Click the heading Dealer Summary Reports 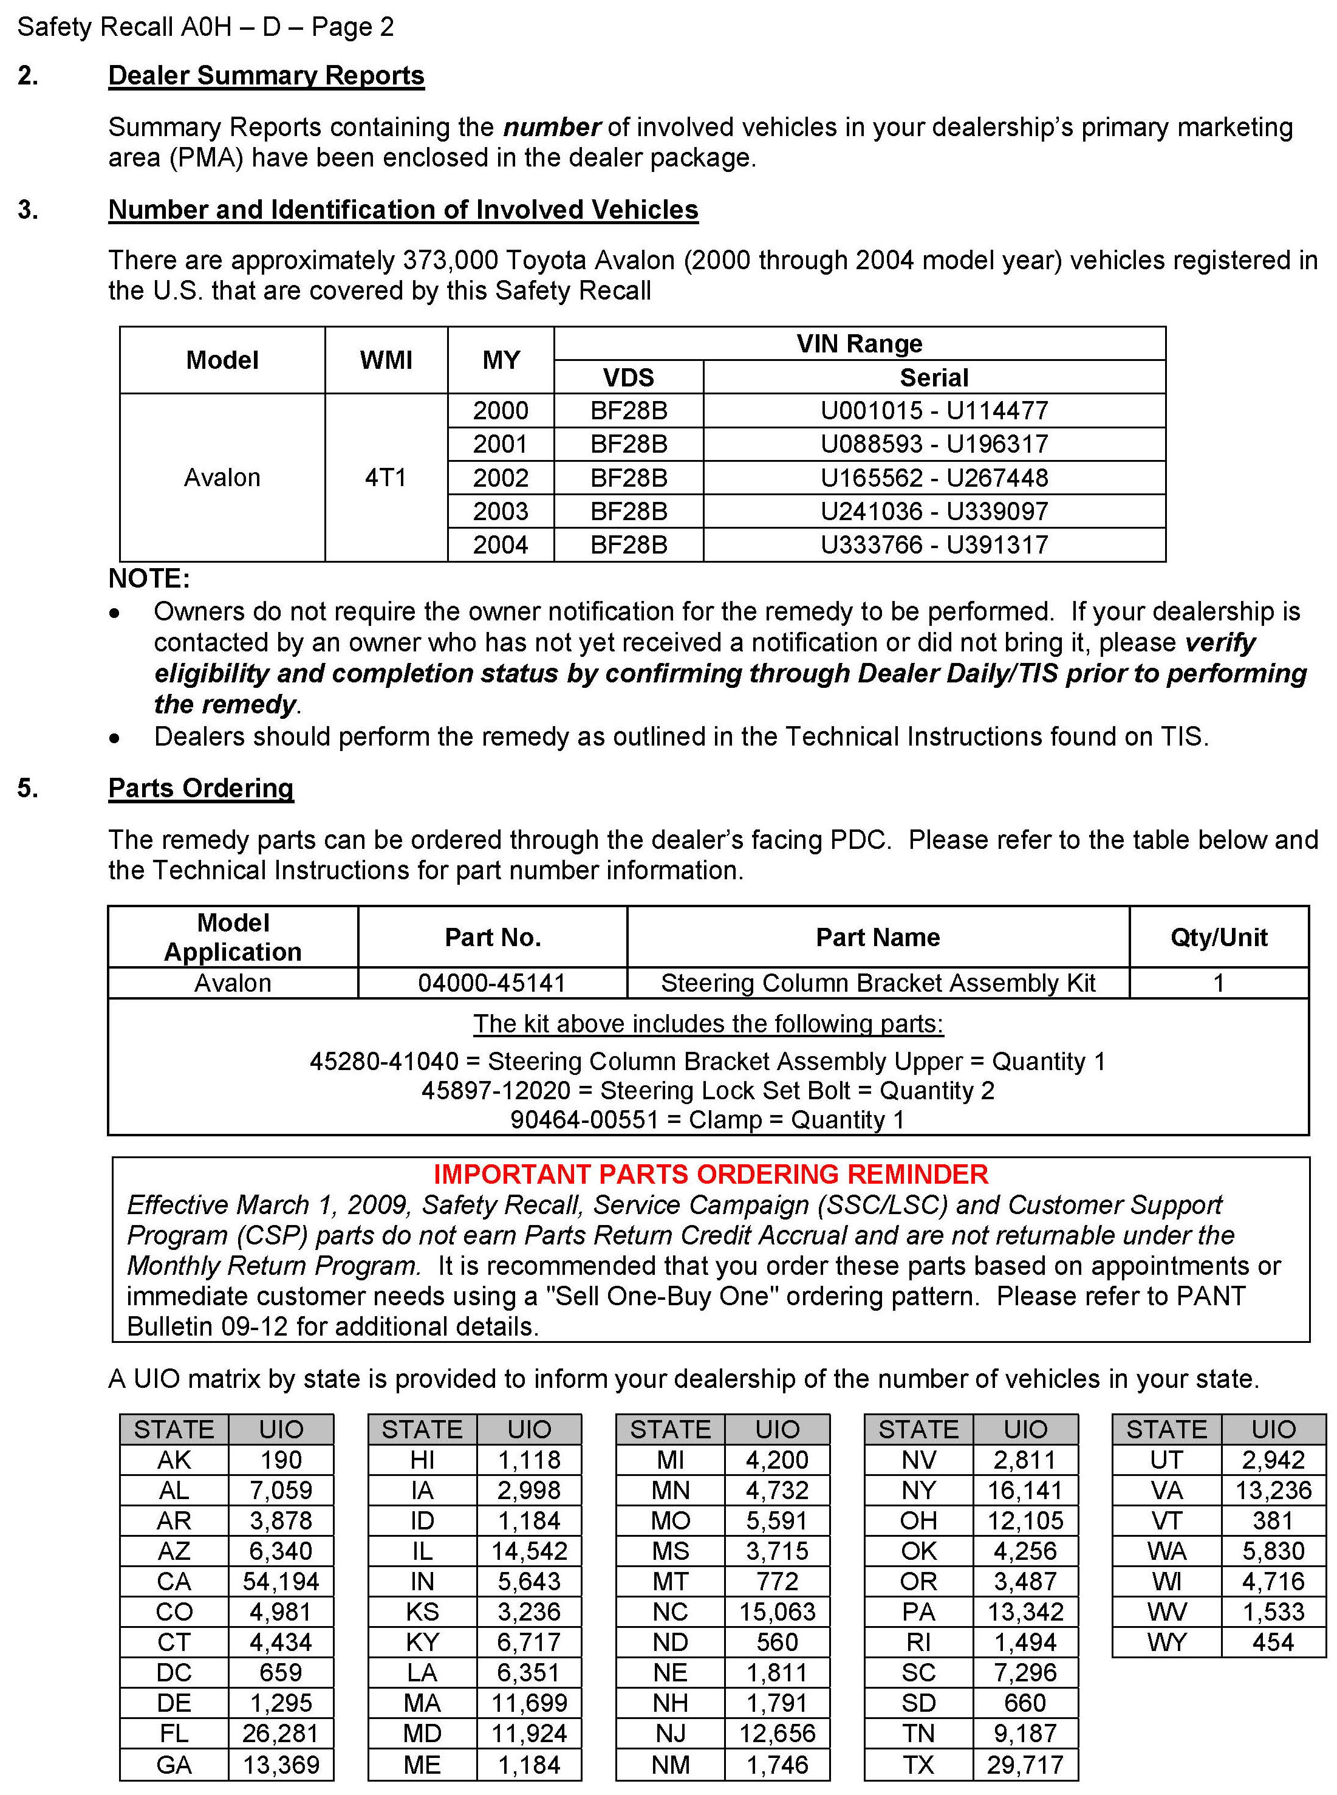pos(266,75)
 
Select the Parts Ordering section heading pos(200,788)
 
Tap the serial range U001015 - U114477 pos(934,411)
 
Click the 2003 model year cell pos(500,511)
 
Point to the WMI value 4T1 pos(385,478)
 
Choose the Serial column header pos(934,377)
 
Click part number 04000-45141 pos(491,983)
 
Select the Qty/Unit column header pos(1218,938)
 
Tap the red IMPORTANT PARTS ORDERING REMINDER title pos(711,1174)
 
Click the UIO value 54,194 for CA pos(281,1581)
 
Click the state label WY pos(1166,1642)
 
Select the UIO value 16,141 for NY pos(1025,1490)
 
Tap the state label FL pos(174,1734)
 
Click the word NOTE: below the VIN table pos(149,579)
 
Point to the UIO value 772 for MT pos(777,1581)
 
